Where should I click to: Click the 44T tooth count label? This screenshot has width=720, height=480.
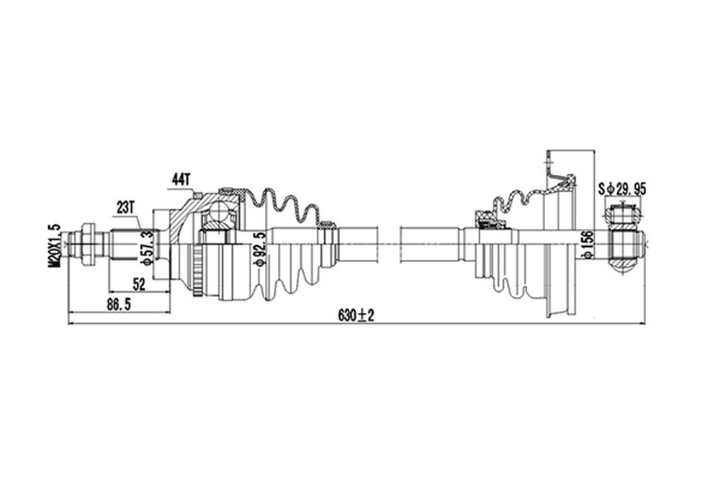pyautogui.click(x=181, y=179)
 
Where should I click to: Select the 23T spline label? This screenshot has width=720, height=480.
pyautogui.click(x=125, y=207)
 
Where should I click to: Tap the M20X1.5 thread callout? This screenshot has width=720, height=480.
pyautogui.click(x=54, y=245)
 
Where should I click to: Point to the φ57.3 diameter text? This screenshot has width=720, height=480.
pyautogui.click(x=146, y=248)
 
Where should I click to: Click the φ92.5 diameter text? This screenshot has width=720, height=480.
pyautogui.click(x=259, y=249)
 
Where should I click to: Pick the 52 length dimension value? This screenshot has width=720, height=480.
pyautogui.click(x=139, y=284)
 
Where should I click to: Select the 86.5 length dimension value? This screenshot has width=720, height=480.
pyautogui.click(x=116, y=304)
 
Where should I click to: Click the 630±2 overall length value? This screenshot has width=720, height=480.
pyautogui.click(x=356, y=315)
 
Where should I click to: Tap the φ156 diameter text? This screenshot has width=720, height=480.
pyautogui.click(x=588, y=245)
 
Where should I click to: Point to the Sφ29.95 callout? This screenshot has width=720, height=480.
pyautogui.click(x=622, y=189)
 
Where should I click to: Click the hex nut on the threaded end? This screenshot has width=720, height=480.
pyautogui.click(x=88, y=245)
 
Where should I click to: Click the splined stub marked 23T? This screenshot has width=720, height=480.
pyautogui.click(x=126, y=245)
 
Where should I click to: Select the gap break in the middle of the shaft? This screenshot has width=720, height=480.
pyautogui.click(x=390, y=245)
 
